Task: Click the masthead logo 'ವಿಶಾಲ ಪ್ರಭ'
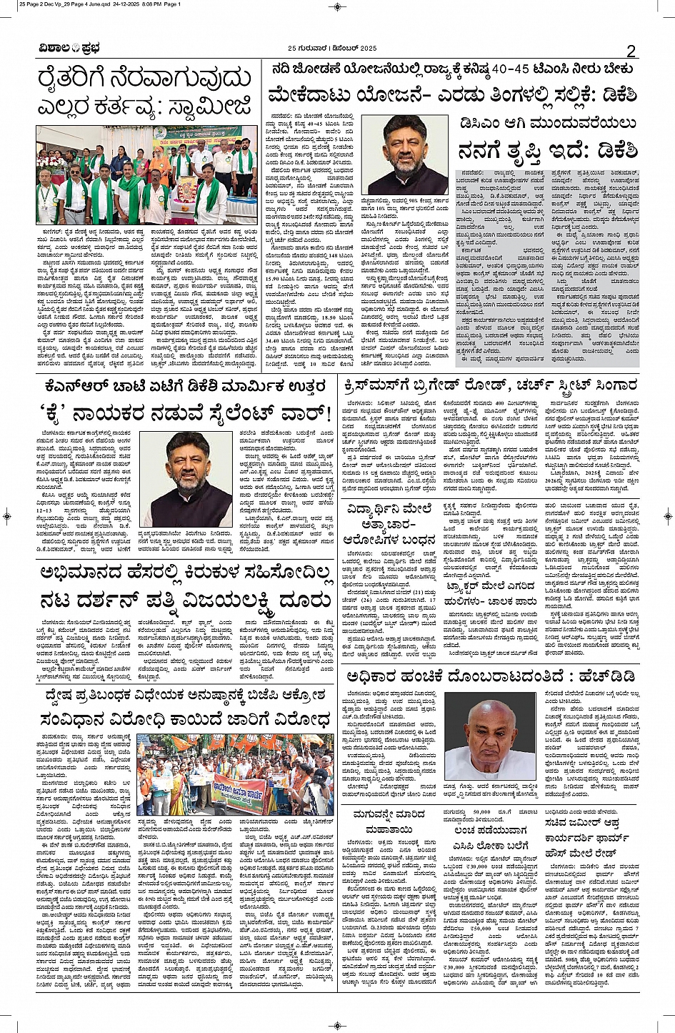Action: click(x=69, y=49)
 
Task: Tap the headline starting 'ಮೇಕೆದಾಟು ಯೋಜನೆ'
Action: click(x=452, y=94)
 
